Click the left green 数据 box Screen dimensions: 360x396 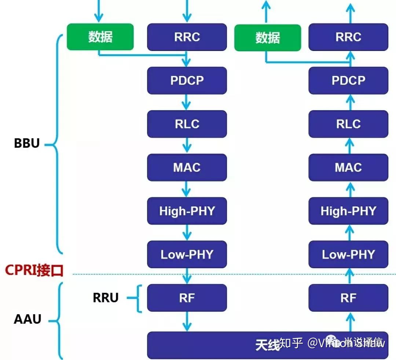coord(100,37)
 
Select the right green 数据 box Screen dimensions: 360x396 coord(268,37)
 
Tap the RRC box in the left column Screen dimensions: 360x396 coord(187,37)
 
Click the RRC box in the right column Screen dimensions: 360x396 coord(348,37)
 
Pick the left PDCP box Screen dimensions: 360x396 coord(187,80)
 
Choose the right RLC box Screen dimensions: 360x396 coord(348,124)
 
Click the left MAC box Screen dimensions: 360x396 coord(187,167)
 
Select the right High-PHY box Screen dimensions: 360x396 coord(348,211)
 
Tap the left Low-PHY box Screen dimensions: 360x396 coord(187,254)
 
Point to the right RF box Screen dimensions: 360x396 coord(348,298)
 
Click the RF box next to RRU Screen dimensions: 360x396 coord(187,298)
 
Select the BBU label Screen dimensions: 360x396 coord(27,143)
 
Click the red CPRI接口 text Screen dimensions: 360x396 coord(34,271)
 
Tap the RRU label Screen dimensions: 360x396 coord(106,298)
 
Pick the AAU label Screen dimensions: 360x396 coord(27,319)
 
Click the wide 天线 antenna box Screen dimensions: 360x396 coord(220,345)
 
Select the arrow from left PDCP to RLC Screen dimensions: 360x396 coord(187,102)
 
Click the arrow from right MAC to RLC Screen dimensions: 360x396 coord(350,146)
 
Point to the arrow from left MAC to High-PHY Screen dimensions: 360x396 coord(187,189)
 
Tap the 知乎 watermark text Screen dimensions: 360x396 coord(291,343)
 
